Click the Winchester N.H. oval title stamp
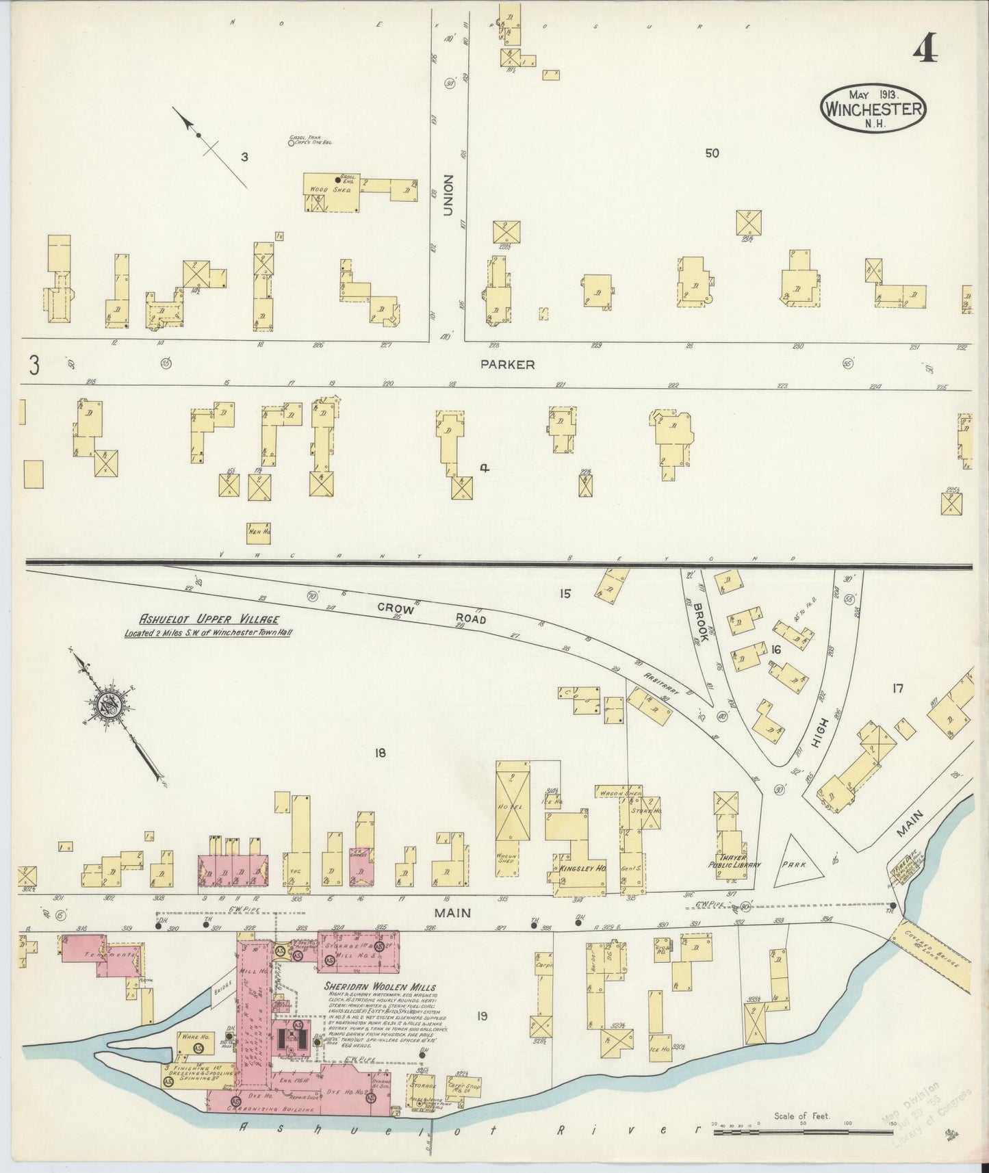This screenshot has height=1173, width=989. (873, 109)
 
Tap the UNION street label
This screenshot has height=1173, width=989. (448, 195)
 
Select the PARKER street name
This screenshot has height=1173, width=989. (507, 365)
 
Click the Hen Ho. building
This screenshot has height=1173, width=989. (258, 533)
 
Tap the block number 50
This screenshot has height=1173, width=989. (712, 153)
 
